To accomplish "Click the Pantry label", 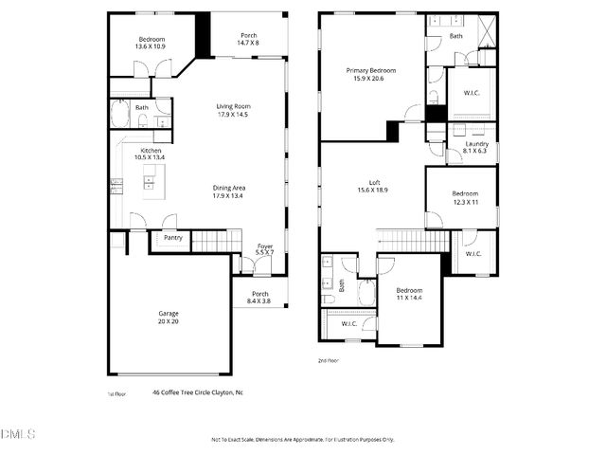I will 172,238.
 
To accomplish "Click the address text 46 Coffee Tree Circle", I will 198,391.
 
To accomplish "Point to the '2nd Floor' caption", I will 329,360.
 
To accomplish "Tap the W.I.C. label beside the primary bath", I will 471,93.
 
